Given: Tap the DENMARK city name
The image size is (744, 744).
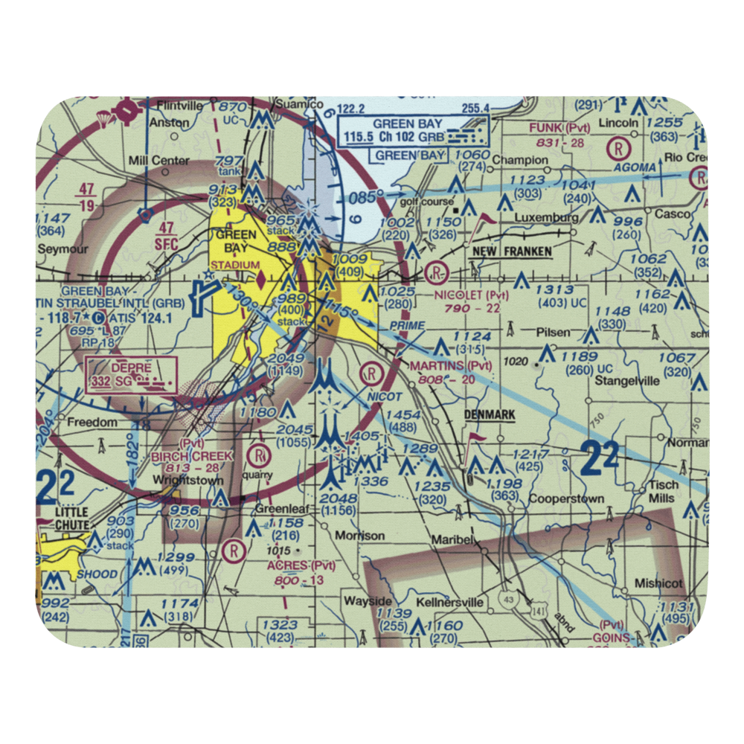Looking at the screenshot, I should coord(490,414).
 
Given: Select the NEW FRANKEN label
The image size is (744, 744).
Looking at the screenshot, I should coord(513,252).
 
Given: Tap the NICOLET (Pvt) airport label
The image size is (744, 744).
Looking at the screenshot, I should coord(472,295).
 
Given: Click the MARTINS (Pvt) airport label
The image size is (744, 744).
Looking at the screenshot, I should coord(452,365).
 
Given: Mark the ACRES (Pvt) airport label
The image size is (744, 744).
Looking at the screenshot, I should coord(290,566).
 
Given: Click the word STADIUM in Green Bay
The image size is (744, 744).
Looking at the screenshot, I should coord(234,266).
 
